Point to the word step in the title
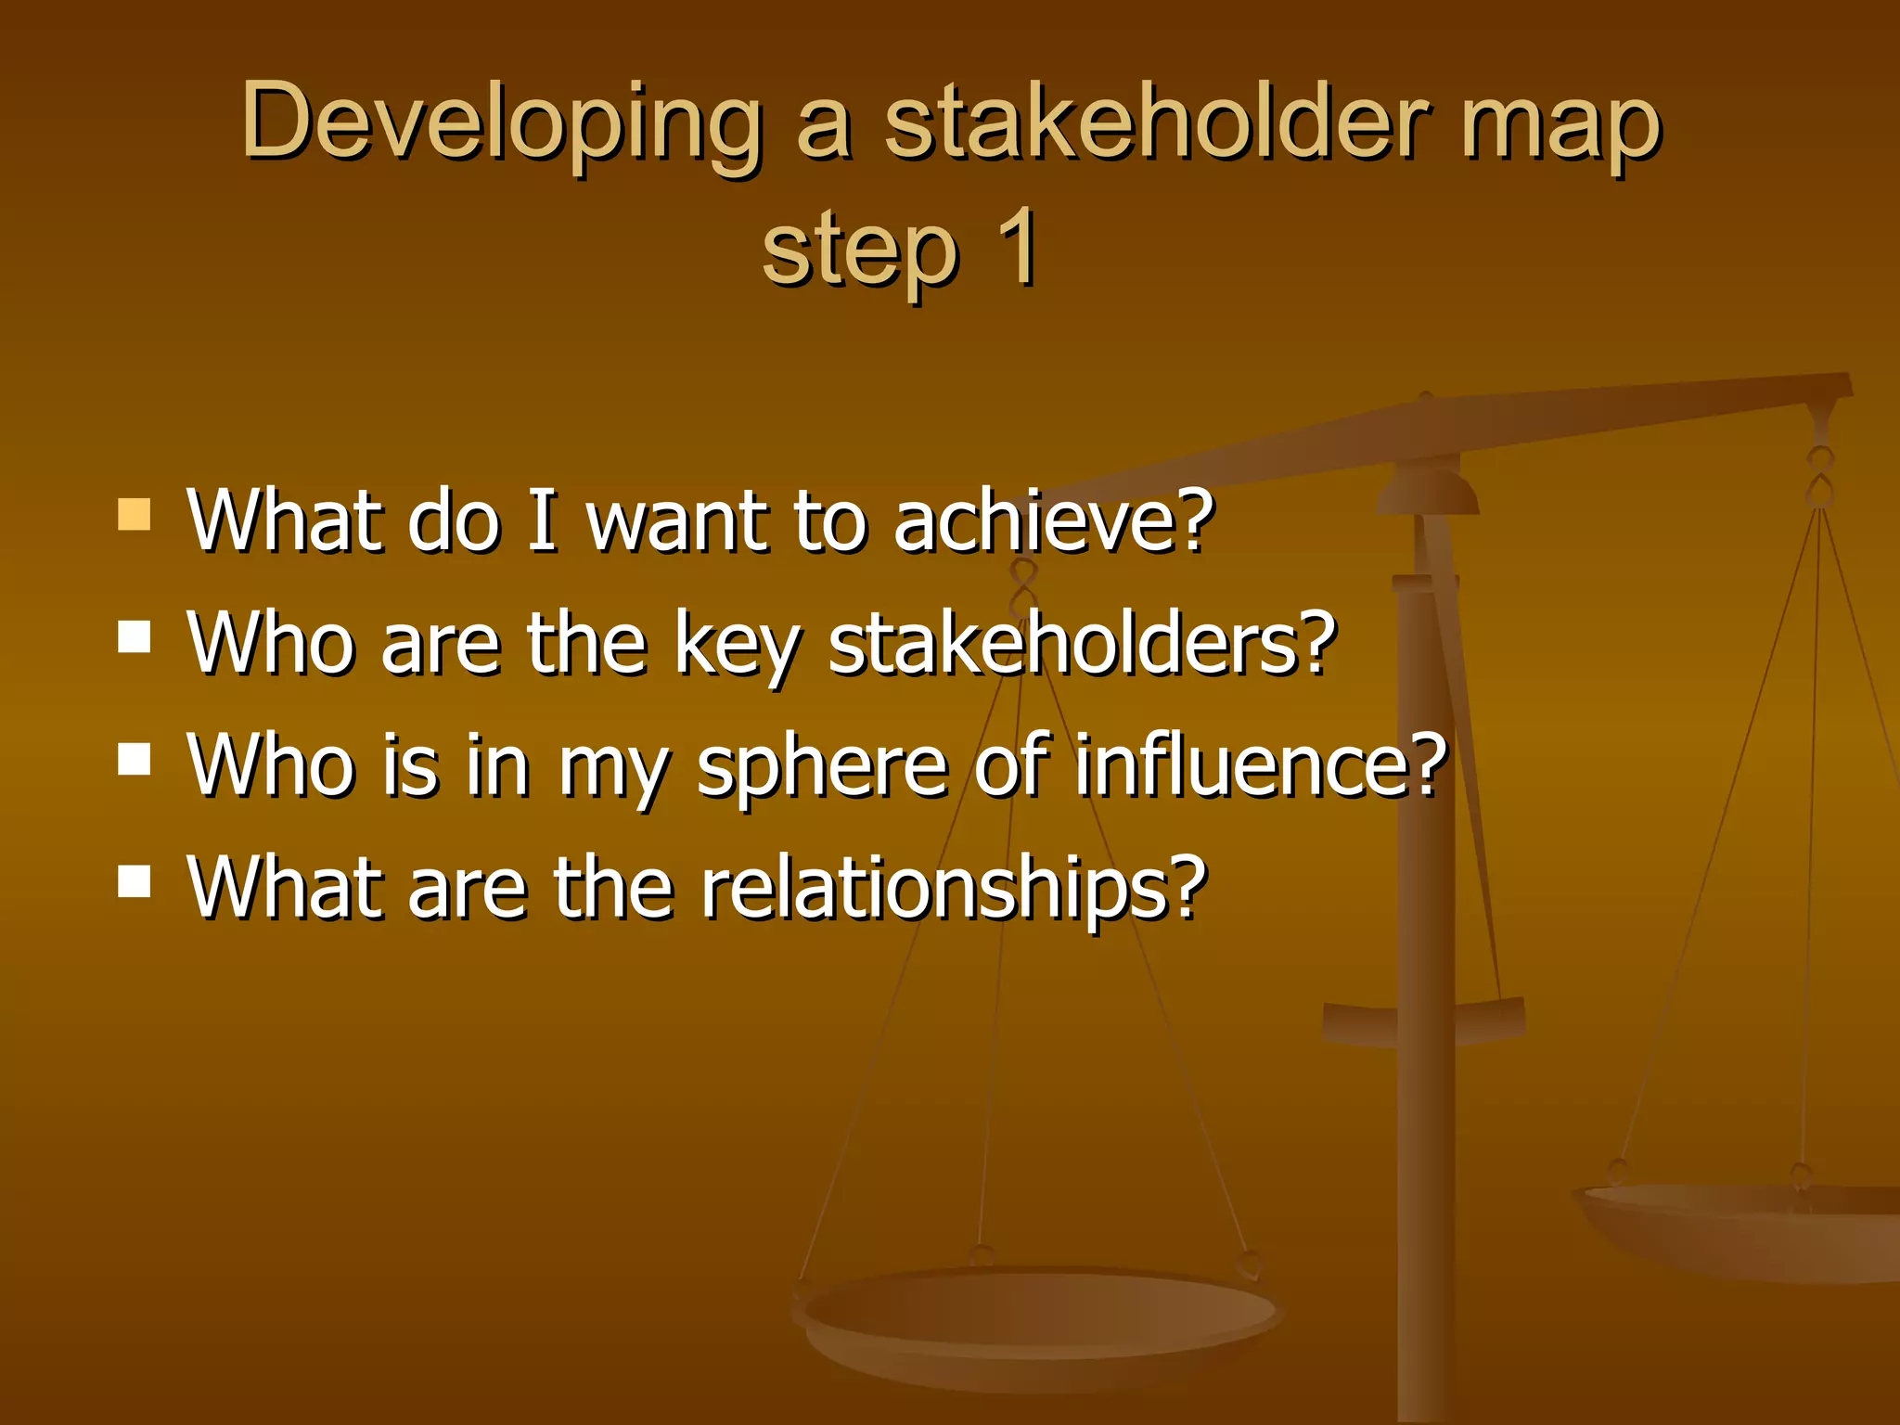tap(860, 250)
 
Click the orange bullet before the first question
tap(135, 515)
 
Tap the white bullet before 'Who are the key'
tap(135, 638)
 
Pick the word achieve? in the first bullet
tap(1053, 521)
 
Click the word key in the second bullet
tap(737, 645)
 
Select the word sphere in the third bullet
tap(822, 767)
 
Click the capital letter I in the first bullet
tap(543, 521)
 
